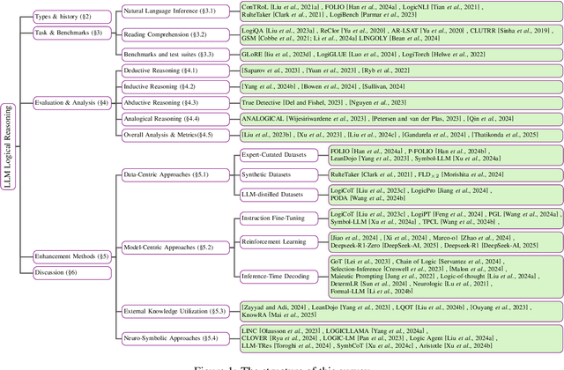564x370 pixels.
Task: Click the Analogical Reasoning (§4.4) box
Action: click(172, 118)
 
